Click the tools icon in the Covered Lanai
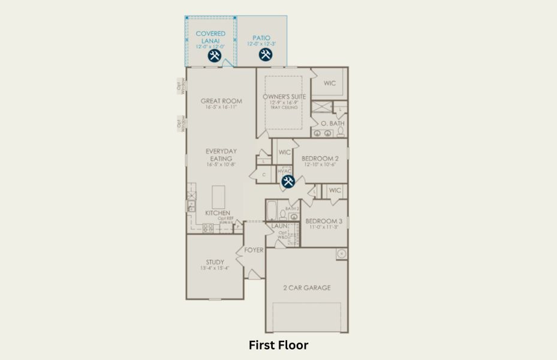tap(215, 56)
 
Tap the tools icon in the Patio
tap(265, 55)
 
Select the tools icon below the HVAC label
tap(288, 181)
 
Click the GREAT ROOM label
tap(221, 101)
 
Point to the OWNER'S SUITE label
tap(284, 97)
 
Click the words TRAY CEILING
tap(284, 107)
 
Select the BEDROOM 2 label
tap(320, 158)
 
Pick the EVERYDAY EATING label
tap(221, 155)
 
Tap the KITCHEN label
tap(218, 213)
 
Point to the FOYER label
tap(254, 250)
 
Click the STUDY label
tap(215, 262)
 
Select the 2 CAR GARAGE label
tap(306, 288)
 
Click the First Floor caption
tap(278, 345)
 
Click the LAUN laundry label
tap(279, 226)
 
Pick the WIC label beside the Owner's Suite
tap(330, 83)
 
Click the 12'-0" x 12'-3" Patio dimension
tap(262, 44)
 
